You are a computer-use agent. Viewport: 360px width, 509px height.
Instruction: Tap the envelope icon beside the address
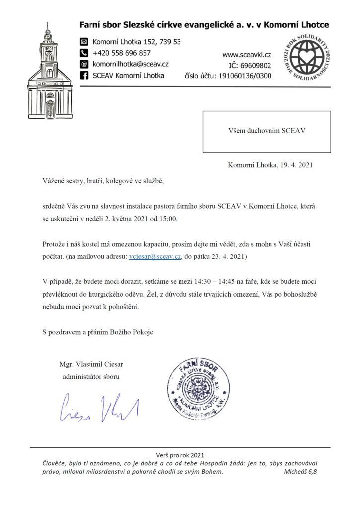pyautogui.click(x=84, y=42)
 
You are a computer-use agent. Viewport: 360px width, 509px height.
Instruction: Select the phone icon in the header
pyautogui.click(x=84, y=53)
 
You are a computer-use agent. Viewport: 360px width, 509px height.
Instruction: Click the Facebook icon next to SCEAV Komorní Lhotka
pyautogui.click(x=84, y=76)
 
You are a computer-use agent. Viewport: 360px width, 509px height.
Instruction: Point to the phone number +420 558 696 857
pyautogui.click(x=122, y=53)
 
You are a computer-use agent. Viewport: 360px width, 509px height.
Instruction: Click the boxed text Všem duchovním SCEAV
pyautogui.click(x=266, y=132)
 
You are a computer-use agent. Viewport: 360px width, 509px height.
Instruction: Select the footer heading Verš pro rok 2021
pyautogui.click(x=180, y=455)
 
